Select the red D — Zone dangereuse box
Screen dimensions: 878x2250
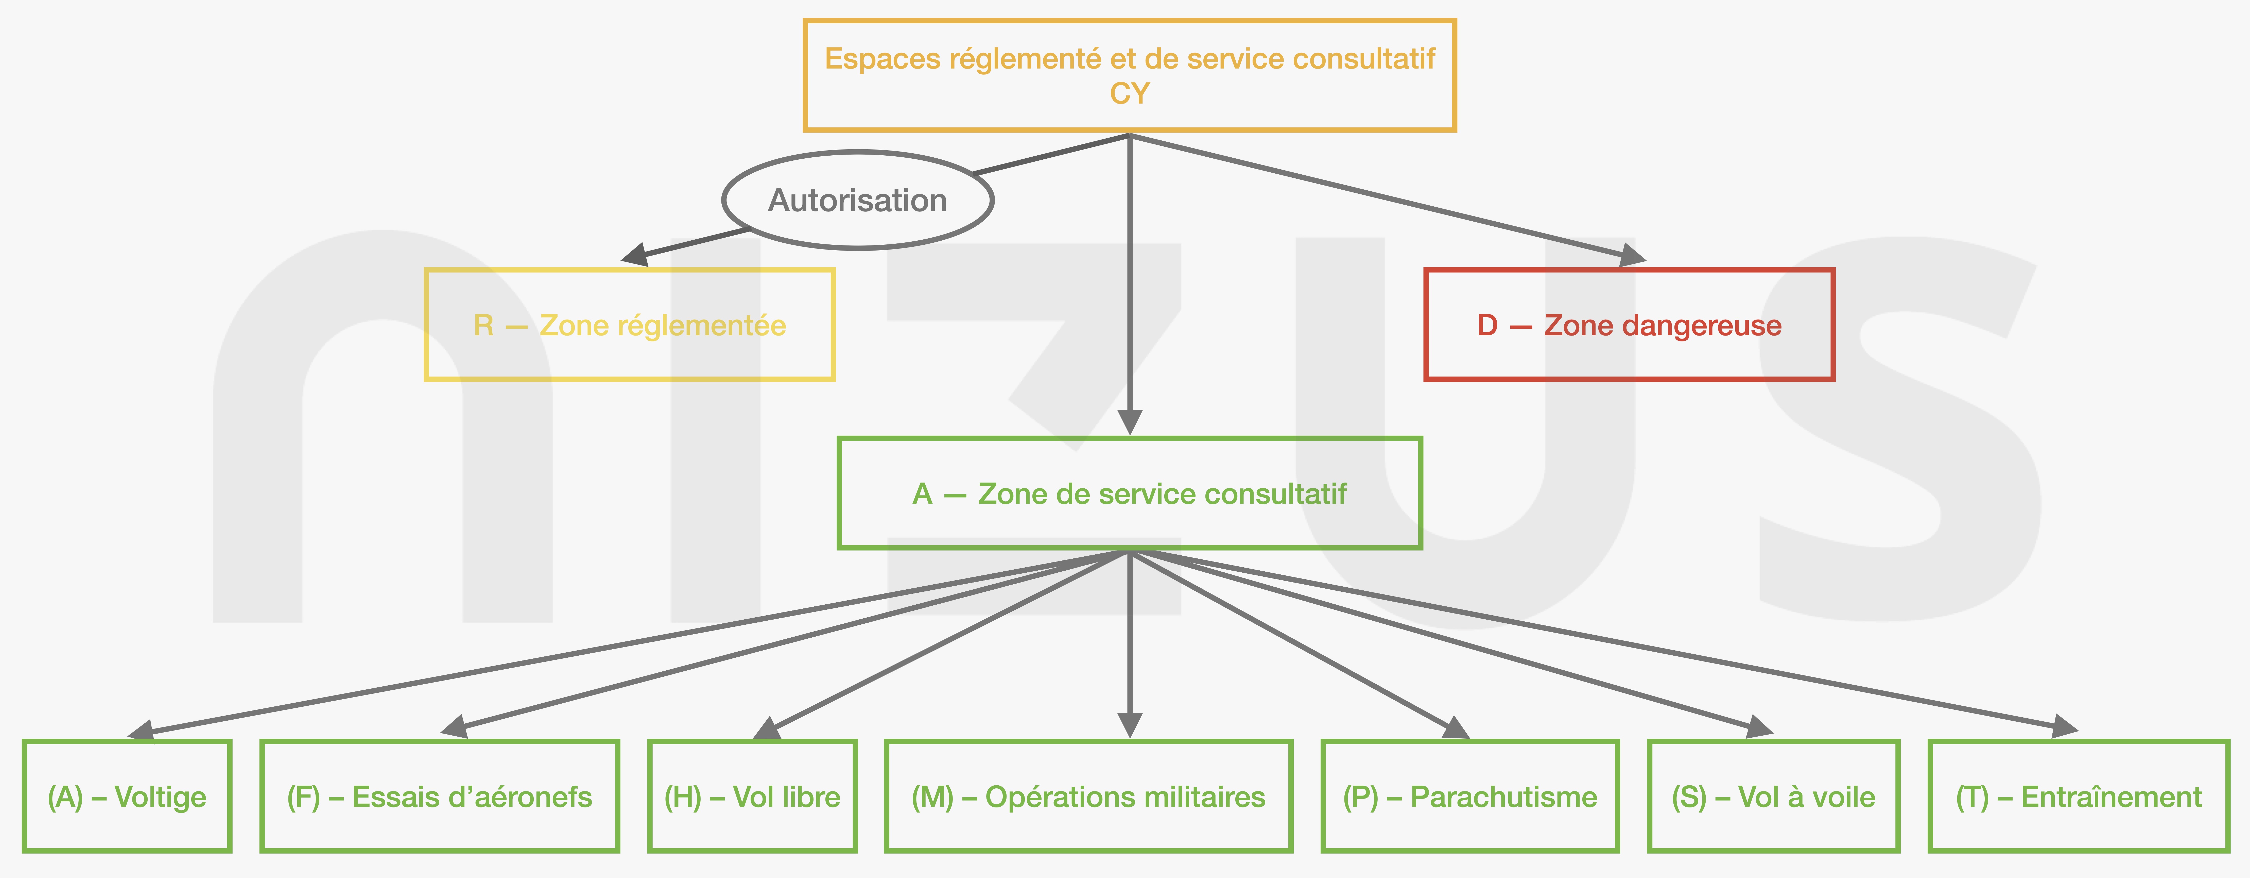coord(1629,325)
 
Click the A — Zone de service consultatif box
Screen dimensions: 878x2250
coord(1129,494)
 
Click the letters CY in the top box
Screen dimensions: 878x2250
coord(1129,93)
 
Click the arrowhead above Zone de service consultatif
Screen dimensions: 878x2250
coord(1129,422)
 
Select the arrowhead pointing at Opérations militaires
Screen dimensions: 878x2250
coord(1129,725)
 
